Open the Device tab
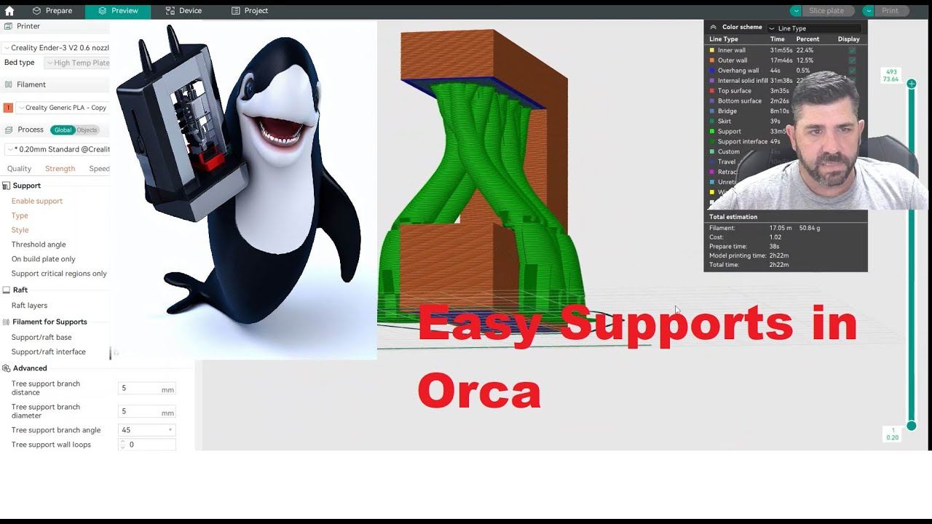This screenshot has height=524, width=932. pos(183,11)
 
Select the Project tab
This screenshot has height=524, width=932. pos(250,11)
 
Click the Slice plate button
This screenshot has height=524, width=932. pos(826,11)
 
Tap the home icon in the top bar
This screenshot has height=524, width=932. pos(9,11)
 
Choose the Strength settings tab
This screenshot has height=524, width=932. pos(60,169)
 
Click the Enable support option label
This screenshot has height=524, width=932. pos(37,201)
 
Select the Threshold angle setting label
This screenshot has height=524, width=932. pos(39,245)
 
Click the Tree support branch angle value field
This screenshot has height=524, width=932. pos(146,430)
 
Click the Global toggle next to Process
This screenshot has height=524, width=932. pos(63,130)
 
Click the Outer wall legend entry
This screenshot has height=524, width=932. pos(732,60)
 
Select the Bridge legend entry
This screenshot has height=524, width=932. pos(727,111)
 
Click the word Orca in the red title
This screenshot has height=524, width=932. pos(479,392)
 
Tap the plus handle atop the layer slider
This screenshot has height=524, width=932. pos(912,84)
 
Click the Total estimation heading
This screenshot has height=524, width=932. pos(733,217)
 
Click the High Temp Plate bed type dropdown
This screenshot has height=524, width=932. pos(78,63)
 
